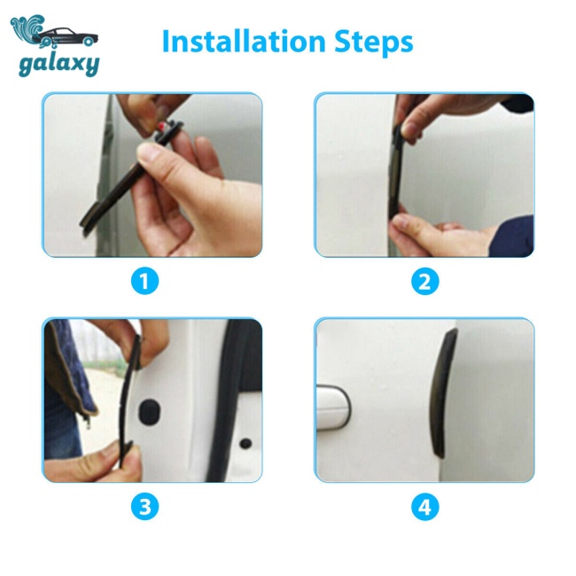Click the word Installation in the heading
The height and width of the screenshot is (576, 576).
tap(244, 41)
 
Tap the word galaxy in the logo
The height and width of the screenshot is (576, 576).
tap(59, 65)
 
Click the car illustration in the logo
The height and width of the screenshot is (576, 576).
tap(66, 37)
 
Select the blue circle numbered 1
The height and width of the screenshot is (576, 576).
tap(144, 281)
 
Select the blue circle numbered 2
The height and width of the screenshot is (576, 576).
tap(425, 281)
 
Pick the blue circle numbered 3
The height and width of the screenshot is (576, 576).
tap(144, 507)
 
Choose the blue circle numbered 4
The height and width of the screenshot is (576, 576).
tap(425, 507)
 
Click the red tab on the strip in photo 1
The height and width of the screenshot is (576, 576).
tap(162, 127)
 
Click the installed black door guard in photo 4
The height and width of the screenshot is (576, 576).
tap(443, 393)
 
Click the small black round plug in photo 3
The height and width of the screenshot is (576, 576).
tap(245, 443)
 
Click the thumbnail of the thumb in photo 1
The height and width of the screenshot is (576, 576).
tap(147, 152)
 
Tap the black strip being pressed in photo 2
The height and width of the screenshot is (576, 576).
tap(396, 173)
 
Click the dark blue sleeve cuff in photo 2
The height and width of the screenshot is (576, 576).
tap(511, 236)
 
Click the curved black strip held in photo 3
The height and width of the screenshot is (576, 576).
tap(129, 401)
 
